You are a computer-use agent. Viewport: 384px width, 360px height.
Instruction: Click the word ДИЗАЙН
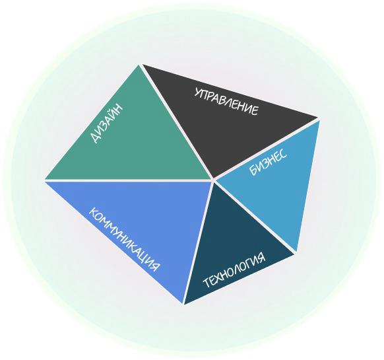point(106,124)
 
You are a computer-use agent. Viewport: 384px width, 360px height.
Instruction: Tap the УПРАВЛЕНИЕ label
point(226,102)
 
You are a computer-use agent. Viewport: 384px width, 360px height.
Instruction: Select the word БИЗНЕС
point(268,162)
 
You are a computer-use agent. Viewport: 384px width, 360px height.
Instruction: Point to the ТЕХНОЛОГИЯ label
point(234,270)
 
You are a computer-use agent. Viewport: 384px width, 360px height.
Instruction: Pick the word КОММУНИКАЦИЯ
point(124,239)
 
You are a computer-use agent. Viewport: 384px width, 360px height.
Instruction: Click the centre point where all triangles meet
point(213,180)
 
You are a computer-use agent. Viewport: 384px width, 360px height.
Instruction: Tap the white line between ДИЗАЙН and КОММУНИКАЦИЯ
point(129,180)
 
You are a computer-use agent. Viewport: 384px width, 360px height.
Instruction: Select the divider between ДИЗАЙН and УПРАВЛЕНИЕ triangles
point(177,122)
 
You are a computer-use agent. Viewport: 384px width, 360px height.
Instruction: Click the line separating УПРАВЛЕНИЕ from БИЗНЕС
point(266,149)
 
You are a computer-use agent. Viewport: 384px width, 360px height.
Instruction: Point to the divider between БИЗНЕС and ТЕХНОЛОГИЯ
point(255,217)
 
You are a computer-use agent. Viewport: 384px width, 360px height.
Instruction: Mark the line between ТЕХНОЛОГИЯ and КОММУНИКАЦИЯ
point(199,242)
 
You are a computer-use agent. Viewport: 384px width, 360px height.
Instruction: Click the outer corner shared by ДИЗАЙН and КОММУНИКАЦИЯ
point(45,180)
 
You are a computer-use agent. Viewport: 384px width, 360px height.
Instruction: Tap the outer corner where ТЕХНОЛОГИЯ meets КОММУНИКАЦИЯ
point(183,304)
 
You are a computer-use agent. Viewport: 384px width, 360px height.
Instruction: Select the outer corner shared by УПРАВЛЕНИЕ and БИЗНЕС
point(319,119)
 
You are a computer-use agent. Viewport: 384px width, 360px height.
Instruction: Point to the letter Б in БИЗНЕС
point(253,171)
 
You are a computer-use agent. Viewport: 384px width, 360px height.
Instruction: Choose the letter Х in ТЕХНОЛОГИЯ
point(220,277)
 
